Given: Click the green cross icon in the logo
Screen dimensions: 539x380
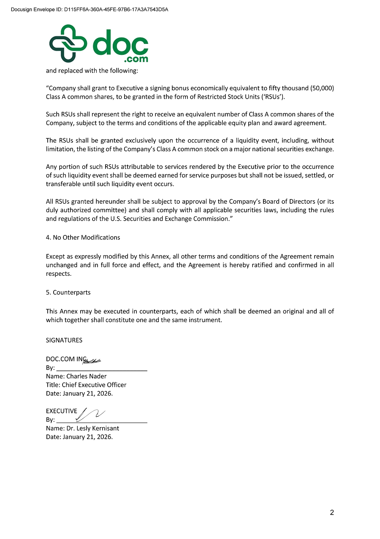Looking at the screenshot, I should point(68,43).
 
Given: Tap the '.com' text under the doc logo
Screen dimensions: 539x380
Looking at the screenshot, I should point(137,59).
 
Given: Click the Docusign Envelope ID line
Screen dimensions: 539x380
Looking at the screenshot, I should point(90,9).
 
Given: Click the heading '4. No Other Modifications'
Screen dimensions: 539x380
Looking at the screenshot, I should point(83,237).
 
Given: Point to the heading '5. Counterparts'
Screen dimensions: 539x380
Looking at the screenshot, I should point(68,292).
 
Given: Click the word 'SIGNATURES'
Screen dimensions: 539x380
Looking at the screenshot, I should point(64,340).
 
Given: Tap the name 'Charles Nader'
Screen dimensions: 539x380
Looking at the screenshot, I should point(86,376).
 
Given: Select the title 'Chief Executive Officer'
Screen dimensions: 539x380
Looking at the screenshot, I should point(94,385).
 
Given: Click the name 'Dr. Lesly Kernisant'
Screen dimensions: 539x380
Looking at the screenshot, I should point(92,428).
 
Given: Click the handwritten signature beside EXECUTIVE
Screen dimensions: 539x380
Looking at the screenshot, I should point(90,414).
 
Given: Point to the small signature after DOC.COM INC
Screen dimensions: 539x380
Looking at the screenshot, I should point(92,360).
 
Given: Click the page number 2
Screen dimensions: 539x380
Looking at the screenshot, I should point(332,512).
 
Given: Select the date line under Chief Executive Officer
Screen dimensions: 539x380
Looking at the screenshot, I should point(79,393).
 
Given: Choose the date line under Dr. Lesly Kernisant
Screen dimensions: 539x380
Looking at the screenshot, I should point(79,437).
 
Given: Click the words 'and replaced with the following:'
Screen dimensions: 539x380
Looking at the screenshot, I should point(92,71).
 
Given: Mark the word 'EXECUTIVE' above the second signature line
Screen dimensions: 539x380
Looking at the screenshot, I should point(62,411).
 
